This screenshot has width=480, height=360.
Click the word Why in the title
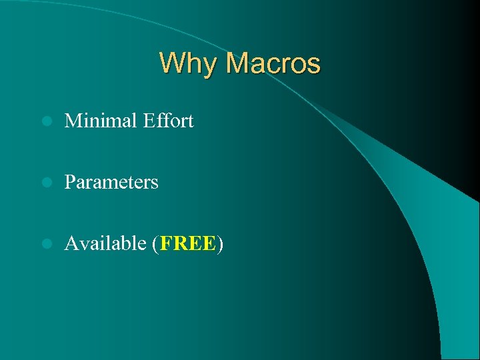[x=189, y=64]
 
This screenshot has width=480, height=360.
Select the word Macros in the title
[x=273, y=64]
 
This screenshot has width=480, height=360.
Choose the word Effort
[x=168, y=121]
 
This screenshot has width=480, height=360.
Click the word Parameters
[x=111, y=182]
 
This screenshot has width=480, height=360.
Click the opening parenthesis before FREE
[x=155, y=244]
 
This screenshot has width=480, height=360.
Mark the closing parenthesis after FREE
[x=220, y=244]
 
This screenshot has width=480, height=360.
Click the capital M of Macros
[x=237, y=64]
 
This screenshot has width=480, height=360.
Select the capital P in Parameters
[x=69, y=182]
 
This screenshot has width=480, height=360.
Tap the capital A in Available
[x=71, y=243]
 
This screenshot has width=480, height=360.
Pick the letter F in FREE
[x=165, y=243]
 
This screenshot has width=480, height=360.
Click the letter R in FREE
[x=180, y=243]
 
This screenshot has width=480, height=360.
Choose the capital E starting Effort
[x=147, y=121]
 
